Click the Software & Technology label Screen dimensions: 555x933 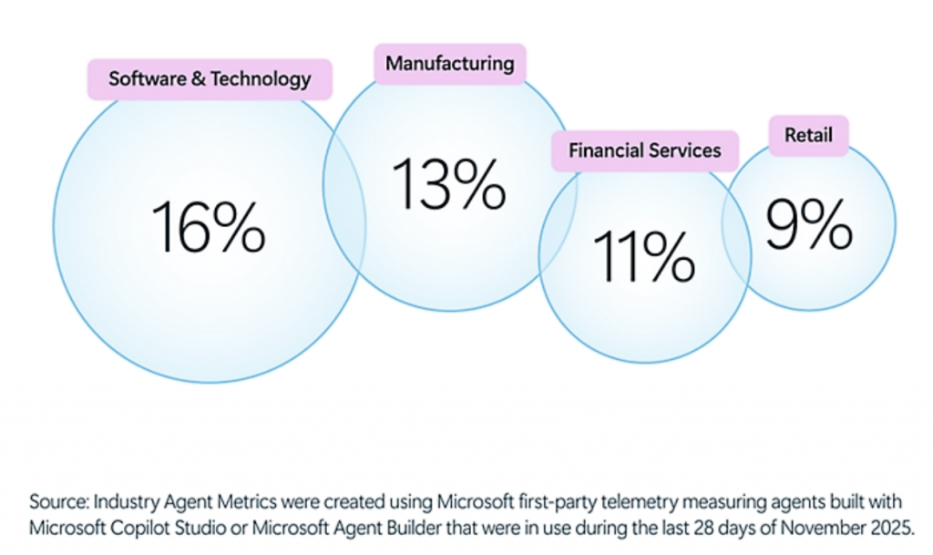click(210, 79)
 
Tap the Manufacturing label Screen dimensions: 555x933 click(449, 64)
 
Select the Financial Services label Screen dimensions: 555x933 click(644, 150)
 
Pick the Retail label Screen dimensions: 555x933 click(808, 136)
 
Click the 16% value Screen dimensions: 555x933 click(208, 227)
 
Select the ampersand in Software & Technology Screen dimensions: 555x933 click(197, 79)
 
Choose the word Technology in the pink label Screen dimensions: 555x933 click(261, 79)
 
